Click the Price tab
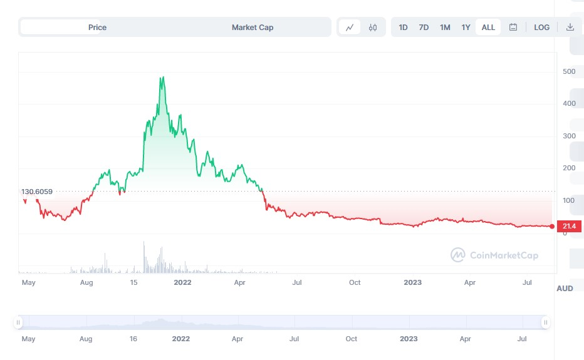tap(97, 27)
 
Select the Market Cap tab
tap(253, 27)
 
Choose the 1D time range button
tap(403, 27)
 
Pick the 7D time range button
tap(424, 27)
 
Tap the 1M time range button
tap(445, 27)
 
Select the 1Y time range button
tap(466, 27)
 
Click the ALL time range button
tap(488, 27)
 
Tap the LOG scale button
tap(541, 27)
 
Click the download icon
tap(570, 27)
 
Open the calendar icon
tap(513, 27)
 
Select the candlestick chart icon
tap(373, 27)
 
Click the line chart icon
tap(350, 27)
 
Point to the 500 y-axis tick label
tap(569, 71)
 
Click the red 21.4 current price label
tap(570, 226)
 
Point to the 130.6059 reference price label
tap(37, 192)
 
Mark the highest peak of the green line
tap(163, 78)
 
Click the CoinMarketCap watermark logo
tap(494, 255)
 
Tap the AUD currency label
tap(565, 289)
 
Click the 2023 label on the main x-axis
tap(412, 282)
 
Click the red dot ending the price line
tap(552, 226)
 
